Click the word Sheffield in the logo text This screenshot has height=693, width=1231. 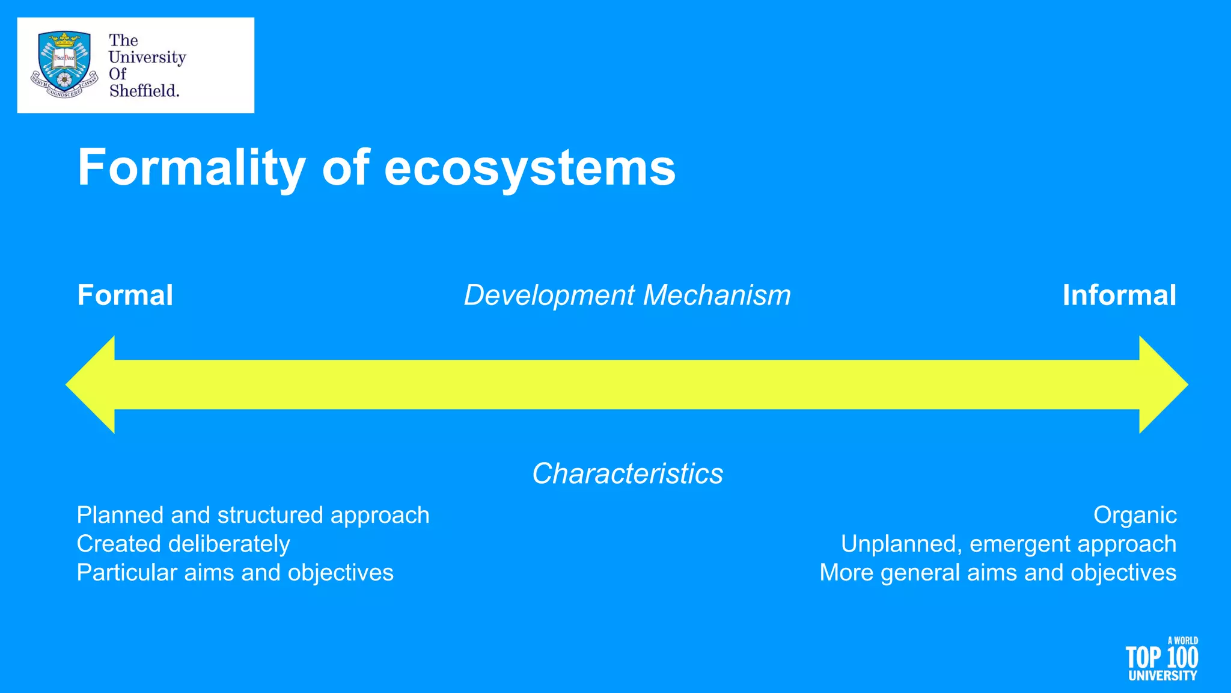point(144,91)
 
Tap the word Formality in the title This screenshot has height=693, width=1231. point(191,168)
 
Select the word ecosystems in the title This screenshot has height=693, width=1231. point(530,168)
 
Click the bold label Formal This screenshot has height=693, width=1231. point(125,295)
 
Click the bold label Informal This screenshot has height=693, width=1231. point(1119,295)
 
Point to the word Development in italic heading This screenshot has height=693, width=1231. point(549,295)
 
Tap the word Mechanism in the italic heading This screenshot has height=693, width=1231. point(716,295)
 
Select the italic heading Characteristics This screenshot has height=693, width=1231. point(627,473)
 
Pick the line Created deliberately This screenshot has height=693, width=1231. point(183,544)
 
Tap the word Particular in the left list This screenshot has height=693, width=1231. point(126,573)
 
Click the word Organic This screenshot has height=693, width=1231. point(1134,516)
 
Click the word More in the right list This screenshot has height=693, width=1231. point(846,573)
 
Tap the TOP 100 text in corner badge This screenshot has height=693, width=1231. point(1161,658)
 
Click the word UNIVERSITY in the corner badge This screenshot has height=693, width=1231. point(1162,676)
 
